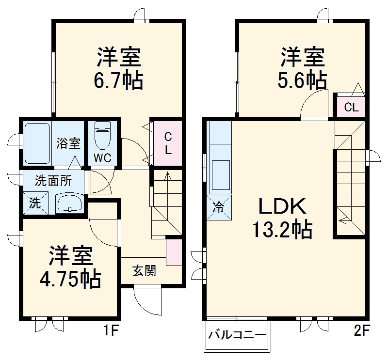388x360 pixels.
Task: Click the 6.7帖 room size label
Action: pyautogui.click(x=119, y=80)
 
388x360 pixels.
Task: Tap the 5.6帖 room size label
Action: pyautogui.click(x=302, y=80)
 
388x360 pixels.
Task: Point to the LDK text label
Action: pyautogui.click(x=282, y=207)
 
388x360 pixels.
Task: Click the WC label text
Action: pyautogui.click(x=102, y=157)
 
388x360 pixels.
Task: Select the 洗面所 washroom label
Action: pyautogui.click(x=53, y=181)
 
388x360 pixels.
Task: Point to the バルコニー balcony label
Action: pyautogui.click(x=237, y=335)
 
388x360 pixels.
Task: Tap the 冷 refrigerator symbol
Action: pyautogui.click(x=219, y=207)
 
